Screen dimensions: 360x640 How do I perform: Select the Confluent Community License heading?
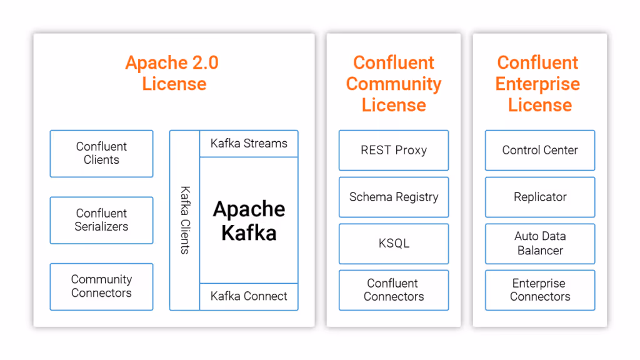pos(394,84)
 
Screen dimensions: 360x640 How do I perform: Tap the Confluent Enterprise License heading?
pos(539,84)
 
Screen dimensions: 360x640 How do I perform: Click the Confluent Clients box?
pos(101,153)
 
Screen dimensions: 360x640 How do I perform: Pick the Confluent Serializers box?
pos(101,220)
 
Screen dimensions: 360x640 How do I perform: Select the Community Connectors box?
pos(101,286)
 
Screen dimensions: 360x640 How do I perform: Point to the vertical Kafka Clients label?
pos(185,220)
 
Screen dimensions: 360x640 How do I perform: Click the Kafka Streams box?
pos(249,144)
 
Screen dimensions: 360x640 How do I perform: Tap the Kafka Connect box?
pos(249,296)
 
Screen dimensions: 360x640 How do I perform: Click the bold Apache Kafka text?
pos(249,221)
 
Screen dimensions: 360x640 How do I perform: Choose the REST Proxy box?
pos(394,150)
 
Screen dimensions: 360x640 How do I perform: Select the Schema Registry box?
pos(394,197)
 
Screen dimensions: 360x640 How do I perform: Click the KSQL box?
pos(394,243)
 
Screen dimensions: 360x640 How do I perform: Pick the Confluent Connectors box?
pos(394,290)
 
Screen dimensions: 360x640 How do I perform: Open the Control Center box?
pos(540,150)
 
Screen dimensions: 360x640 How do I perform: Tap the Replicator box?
pos(540,197)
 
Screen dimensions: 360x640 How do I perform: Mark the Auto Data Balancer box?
pos(540,243)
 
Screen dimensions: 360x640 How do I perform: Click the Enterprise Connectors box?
pos(540,290)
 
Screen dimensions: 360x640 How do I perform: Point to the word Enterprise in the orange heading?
pos(538,84)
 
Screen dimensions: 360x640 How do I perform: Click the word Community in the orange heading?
pos(394,84)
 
